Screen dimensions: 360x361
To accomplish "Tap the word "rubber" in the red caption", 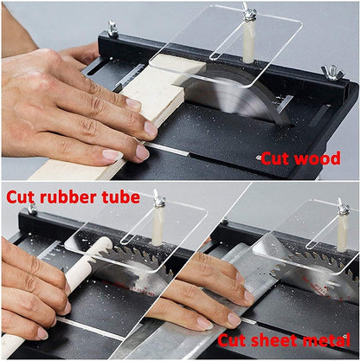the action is pyautogui.click(x=67, y=197).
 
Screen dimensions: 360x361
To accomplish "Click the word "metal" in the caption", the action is pyautogui.click(x=324, y=340).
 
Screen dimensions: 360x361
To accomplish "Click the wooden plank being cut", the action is pyautogui.click(x=130, y=115).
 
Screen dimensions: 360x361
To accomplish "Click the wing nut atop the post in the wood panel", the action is pyautogui.click(x=248, y=12).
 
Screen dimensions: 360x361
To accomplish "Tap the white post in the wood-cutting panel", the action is pyautogui.click(x=248, y=41).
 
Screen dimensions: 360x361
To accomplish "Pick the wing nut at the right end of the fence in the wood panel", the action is pyautogui.click(x=331, y=74).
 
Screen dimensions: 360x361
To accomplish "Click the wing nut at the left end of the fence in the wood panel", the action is pyautogui.click(x=112, y=29).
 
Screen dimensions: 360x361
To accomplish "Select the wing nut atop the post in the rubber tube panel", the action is pyautogui.click(x=159, y=198).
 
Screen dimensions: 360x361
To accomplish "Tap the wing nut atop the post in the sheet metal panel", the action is pyautogui.click(x=344, y=207).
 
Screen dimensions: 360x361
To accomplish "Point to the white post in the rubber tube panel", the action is pyautogui.click(x=158, y=226).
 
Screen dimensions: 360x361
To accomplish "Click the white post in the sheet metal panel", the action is pyautogui.click(x=343, y=232).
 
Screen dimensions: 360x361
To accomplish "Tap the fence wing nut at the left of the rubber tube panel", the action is pyautogui.click(x=32, y=209).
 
